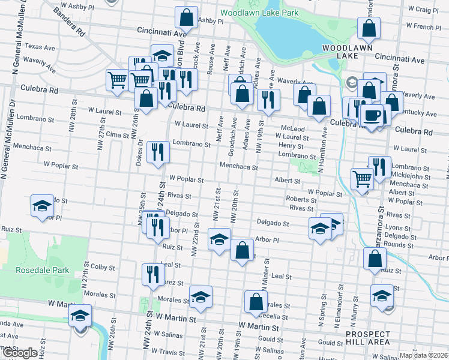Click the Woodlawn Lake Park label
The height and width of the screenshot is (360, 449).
pyautogui.click(x=258, y=13)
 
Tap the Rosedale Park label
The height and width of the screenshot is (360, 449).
pyautogui.click(x=41, y=270)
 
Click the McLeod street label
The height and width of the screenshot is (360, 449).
pyautogui.click(x=292, y=128)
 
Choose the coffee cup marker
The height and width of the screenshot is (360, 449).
pyautogui.click(x=373, y=115)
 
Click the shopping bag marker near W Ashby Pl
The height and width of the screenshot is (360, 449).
pyautogui.click(x=187, y=18)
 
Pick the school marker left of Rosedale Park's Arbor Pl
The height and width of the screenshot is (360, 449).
pyautogui.click(x=42, y=206)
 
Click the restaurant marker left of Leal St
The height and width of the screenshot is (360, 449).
pyautogui.click(x=154, y=274)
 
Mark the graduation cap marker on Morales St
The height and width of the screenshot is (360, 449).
pyautogui.click(x=200, y=297)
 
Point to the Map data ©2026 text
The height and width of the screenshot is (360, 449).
pyautogui.click(x=423, y=355)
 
